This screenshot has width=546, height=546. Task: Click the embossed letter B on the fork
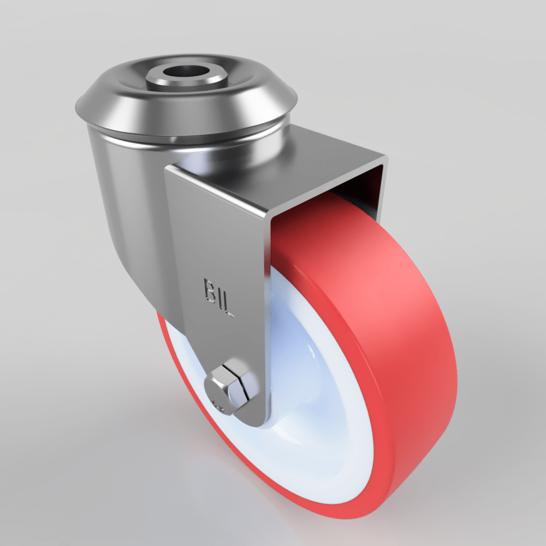[210, 289]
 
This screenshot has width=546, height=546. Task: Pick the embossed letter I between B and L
[218, 298]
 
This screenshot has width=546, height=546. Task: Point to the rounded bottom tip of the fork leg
[254, 420]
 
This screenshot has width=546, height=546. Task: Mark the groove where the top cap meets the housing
[180, 136]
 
